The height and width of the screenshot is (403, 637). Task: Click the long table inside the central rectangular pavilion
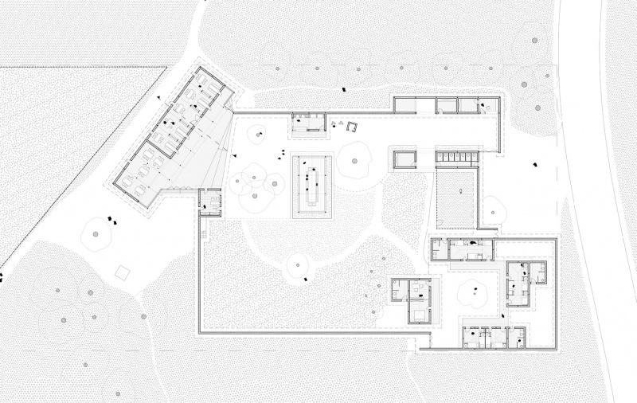pos(312,184)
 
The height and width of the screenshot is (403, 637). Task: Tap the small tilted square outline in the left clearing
pos(123,272)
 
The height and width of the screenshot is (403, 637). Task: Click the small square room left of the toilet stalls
pos(404,158)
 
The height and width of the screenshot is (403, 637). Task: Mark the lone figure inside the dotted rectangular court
pos(459,192)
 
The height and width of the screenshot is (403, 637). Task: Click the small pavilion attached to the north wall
pos(307,122)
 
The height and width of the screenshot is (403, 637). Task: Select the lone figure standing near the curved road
pos(536,164)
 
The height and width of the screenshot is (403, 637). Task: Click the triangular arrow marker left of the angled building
pos(158,100)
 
